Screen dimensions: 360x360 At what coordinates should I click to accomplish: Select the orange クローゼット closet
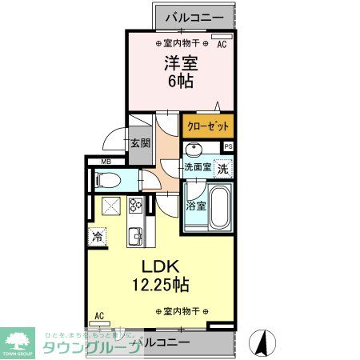pos(208,126)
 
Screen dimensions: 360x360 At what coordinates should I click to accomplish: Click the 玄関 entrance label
pos(140,143)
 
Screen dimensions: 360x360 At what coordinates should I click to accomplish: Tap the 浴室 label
pos(195,206)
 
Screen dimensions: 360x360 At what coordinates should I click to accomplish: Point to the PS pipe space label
pos(228,146)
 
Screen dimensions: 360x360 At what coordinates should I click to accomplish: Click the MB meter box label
pos(105,162)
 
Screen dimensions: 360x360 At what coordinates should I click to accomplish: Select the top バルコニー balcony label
pos(194,16)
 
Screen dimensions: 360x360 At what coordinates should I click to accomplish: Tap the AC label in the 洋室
pos(222,45)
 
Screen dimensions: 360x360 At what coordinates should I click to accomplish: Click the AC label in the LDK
pos(99,315)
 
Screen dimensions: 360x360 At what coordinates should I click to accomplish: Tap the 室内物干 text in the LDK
pos(181,311)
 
